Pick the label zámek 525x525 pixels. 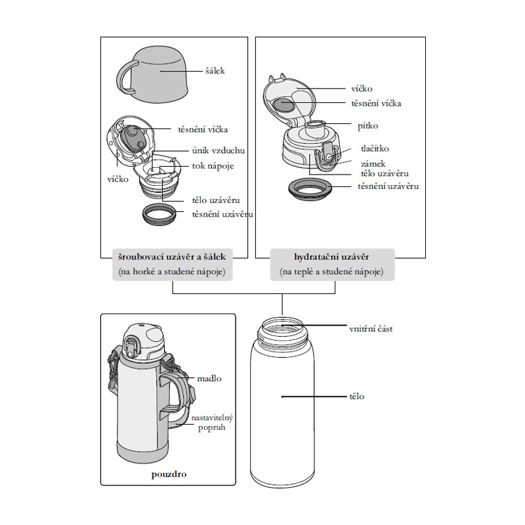pos(373,163)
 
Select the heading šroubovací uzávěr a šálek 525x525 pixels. pos(173,257)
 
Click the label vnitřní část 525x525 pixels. pos(371,327)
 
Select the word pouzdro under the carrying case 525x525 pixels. pos(167,472)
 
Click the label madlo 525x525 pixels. pos(209,379)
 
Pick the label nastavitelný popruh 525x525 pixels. pos(213,423)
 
